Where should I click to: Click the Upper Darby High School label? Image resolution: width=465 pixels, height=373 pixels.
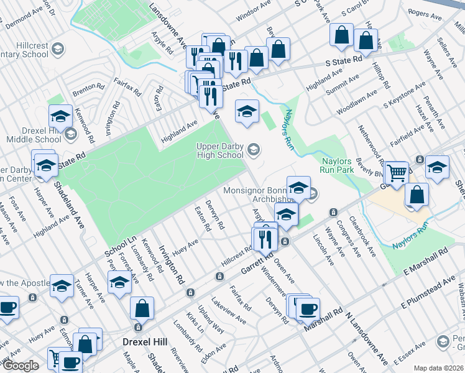pos(219,150)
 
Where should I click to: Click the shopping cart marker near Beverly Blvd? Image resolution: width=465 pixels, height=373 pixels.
pos(396,172)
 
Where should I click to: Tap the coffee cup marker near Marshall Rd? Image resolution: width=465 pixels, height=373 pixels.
pos(306,308)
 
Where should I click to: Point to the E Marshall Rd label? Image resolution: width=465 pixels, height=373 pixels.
pos(425,262)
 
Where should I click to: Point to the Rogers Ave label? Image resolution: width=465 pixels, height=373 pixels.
pos(428,13)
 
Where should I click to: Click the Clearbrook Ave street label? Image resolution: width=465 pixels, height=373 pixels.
pos(362,237)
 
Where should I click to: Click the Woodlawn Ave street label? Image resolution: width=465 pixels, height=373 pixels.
pos(357,102)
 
